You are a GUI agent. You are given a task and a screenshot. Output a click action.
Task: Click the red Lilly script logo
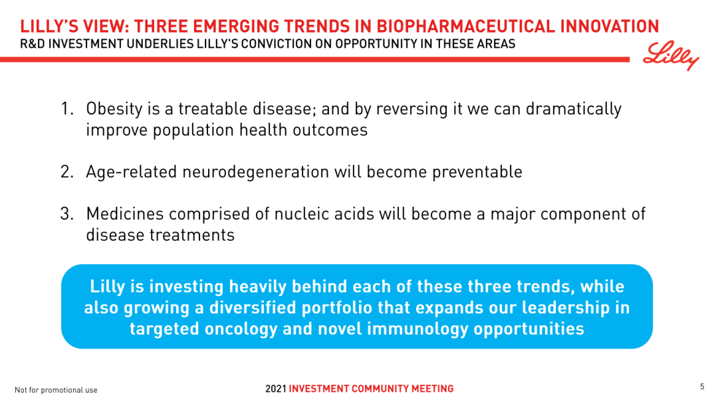click(671, 55)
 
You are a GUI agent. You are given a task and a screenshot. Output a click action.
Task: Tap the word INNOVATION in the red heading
click(610, 26)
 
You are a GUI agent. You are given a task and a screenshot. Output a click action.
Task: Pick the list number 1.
click(66, 109)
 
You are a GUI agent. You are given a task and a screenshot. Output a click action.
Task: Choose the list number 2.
click(66, 172)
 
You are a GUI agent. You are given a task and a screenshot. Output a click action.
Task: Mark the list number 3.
click(66, 214)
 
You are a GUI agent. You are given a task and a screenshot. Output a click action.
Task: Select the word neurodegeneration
click(255, 172)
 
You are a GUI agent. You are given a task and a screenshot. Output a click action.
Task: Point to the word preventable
click(477, 172)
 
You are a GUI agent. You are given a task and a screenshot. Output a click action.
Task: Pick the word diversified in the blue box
click(253, 307)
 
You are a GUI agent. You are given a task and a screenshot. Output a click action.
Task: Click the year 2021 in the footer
click(276, 389)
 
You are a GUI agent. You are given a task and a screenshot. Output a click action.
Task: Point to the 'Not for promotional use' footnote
click(56, 390)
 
